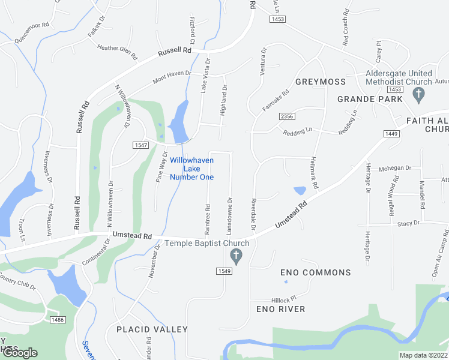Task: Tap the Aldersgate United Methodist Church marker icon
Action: pyautogui.click(x=420, y=94)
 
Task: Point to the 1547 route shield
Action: pyautogui.click(x=140, y=145)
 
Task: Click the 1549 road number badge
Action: pyautogui.click(x=224, y=271)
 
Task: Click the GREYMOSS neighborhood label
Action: pyautogui.click(x=320, y=82)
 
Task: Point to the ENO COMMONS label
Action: pyautogui.click(x=316, y=272)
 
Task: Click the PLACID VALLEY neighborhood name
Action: pyautogui.click(x=152, y=329)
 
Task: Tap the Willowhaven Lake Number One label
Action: pyautogui.click(x=191, y=169)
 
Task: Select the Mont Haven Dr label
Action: pyautogui.click(x=172, y=77)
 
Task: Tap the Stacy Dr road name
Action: pyautogui.click(x=408, y=223)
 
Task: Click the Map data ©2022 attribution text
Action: pyautogui.click(x=423, y=355)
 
